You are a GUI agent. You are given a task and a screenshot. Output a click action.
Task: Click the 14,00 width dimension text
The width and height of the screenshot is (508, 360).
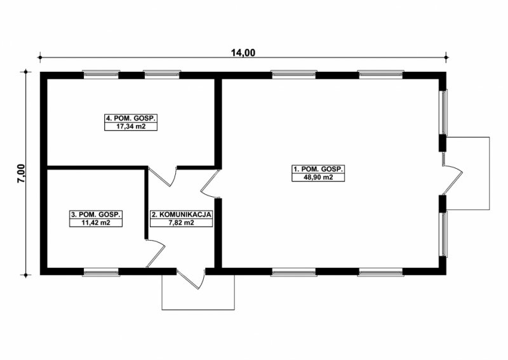pos(243,53)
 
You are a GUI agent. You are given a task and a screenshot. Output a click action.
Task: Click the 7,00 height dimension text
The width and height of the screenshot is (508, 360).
pos(22,174)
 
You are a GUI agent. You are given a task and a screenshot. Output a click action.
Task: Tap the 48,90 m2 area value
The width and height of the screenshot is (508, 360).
pos(318,177)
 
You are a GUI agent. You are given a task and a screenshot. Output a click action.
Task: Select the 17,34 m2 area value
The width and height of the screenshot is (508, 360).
pos(131,126)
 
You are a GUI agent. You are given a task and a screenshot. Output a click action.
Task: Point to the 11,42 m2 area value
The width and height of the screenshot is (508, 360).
pos(96,223)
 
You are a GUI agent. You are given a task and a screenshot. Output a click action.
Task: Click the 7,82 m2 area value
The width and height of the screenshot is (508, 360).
pos(181,223)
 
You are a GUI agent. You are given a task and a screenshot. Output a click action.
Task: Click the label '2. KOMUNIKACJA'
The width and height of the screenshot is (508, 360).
pos(181,215)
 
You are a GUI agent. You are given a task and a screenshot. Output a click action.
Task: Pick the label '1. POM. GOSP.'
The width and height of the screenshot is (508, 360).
pos(318,169)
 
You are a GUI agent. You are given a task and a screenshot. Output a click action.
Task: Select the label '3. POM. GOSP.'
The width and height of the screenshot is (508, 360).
pos(96,214)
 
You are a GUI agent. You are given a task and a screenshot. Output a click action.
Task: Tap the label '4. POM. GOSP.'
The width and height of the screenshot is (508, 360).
pos(131,118)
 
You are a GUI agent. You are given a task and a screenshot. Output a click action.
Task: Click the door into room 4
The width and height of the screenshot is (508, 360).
pos(163,176)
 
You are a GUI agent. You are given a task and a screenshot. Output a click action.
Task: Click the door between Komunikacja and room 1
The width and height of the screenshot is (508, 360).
pos(211,183)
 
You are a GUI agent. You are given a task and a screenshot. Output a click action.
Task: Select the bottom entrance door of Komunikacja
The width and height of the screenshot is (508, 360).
pos(190,278)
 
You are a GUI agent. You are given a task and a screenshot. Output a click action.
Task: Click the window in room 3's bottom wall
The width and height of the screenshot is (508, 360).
pos(101,272)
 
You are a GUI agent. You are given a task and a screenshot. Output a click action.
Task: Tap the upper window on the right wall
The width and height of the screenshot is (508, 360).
pos(443,112)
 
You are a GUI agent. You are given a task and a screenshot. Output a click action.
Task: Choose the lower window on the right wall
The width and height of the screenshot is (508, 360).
pos(443,234)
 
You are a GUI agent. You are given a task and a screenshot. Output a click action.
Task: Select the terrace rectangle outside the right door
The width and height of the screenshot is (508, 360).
pos(489,173)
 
